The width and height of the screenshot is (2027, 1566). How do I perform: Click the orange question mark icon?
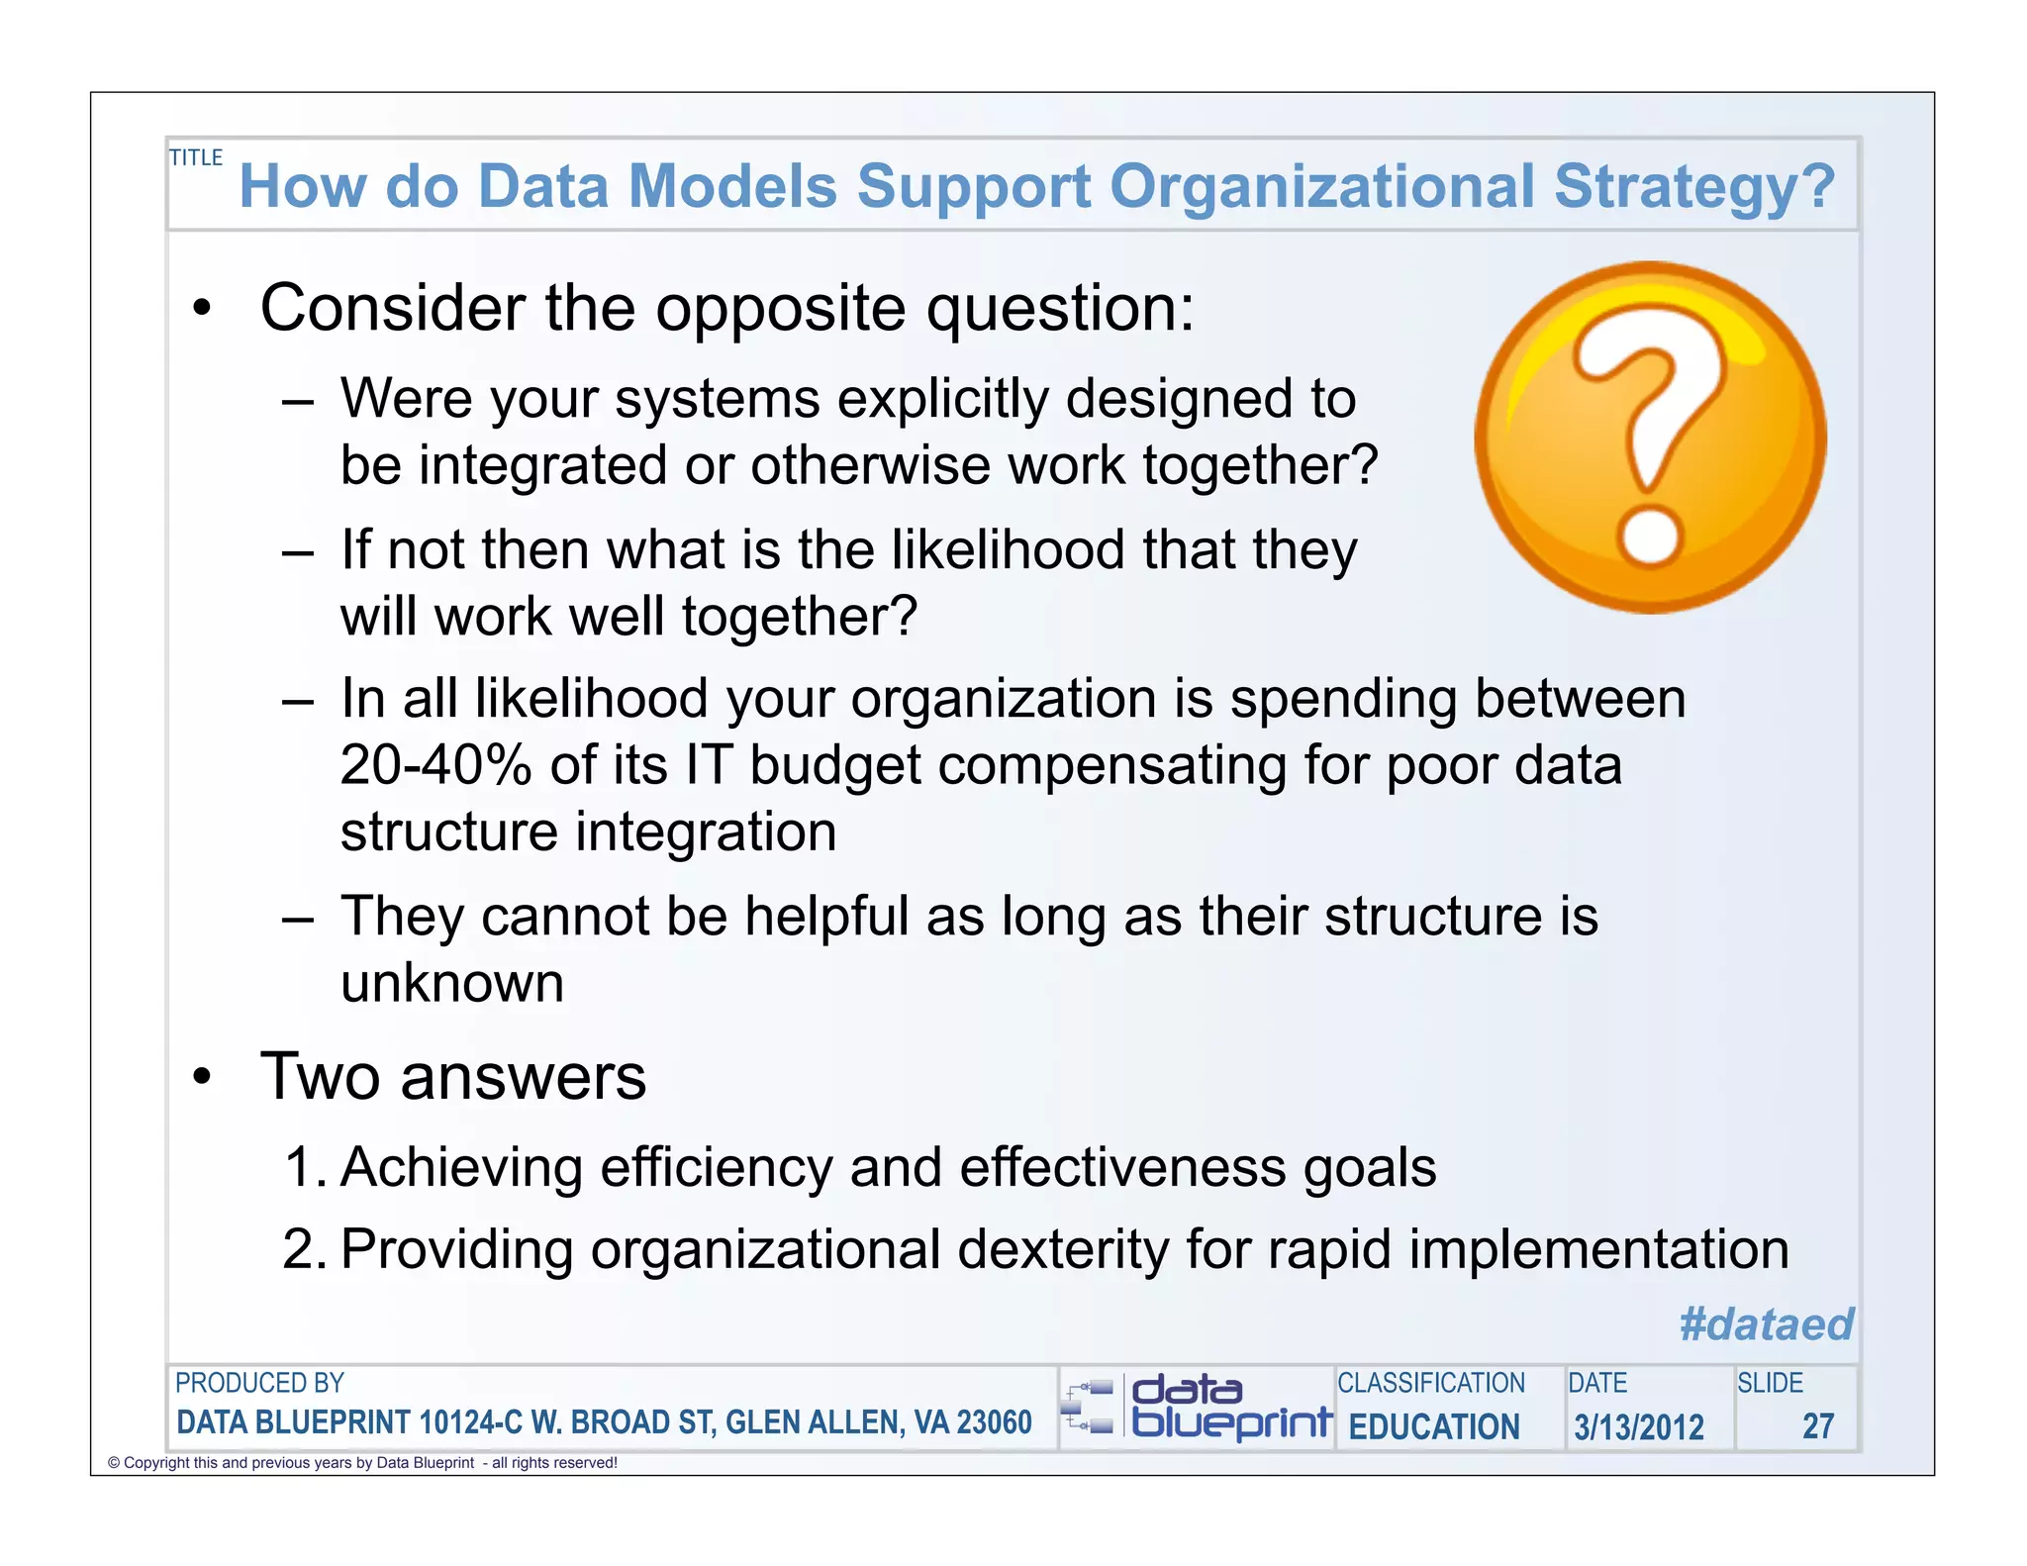(1650, 438)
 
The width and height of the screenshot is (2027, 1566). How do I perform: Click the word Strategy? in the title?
(1693, 187)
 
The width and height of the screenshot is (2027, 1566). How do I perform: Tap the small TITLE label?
(196, 157)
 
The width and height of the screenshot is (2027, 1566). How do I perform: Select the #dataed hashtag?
(1766, 1323)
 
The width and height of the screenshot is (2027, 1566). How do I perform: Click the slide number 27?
(1817, 1425)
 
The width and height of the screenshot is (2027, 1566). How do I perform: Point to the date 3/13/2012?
(1638, 1426)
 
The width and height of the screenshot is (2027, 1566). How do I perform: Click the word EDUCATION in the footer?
(1433, 1426)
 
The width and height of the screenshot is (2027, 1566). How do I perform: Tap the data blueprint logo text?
(1230, 1407)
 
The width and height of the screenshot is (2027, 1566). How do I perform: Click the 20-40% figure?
(435, 765)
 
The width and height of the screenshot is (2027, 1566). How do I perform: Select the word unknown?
(452, 983)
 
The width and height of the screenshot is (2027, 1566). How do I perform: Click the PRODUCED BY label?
(259, 1383)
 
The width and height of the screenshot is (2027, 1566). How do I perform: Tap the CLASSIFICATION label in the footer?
(1430, 1383)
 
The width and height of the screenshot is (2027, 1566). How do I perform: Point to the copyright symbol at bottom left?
(114, 1463)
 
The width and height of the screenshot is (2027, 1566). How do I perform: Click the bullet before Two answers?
(203, 1077)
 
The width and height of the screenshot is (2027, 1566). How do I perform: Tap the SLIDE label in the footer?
(1770, 1383)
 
